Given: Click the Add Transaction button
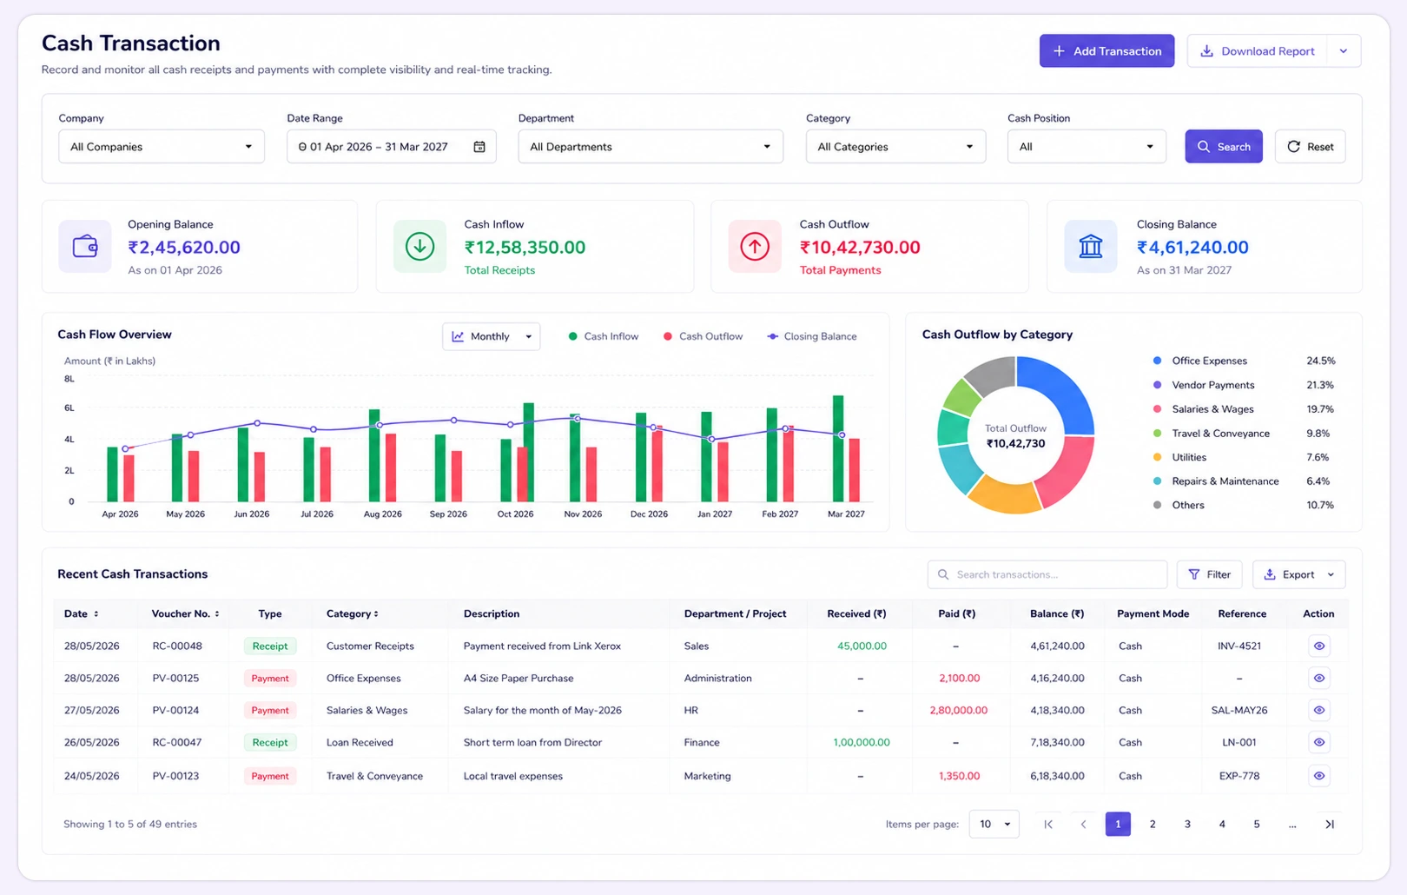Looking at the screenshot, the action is [1106, 51].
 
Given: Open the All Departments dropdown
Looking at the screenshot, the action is [651, 147].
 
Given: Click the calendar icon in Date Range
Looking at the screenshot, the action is [479, 147].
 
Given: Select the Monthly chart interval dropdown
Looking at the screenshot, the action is [492, 336].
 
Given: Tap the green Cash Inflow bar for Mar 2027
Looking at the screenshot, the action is [838, 448].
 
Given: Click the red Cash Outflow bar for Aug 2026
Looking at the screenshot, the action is [391, 467].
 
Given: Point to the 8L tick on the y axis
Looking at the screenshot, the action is [69, 378].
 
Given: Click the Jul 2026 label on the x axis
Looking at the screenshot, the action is [316, 514].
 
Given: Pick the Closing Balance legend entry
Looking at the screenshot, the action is [811, 336].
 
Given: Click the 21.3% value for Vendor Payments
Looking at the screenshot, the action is [1319, 385].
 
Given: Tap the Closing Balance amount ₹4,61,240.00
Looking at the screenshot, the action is [1192, 247].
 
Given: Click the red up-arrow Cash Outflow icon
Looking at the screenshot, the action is [755, 247].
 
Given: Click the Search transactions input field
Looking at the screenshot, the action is [1047, 574].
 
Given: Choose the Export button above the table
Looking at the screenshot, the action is [1299, 574].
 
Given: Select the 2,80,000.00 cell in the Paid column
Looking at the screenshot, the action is [959, 710].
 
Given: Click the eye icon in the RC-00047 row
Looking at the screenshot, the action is [1319, 742].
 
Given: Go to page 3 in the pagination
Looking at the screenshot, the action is [1187, 824].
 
